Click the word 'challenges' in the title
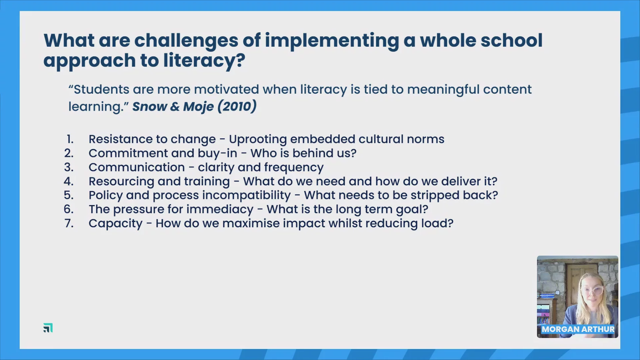pyautogui.click(x=186, y=41)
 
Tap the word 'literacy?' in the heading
pyautogui.click(x=204, y=61)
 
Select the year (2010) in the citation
pyautogui.click(x=237, y=106)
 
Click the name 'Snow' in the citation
pyautogui.click(x=150, y=107)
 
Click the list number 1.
pyautogui.click(x=70, y=139)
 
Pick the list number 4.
pyautogui.click(x=69, y=181)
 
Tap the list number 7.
pyautogui.click(x=69, y=223)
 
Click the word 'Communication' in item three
pyautogui.click(x=137, y=167)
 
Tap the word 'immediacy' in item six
pyautogui.click(x=220, y=210)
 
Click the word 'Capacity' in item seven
pyautogui.click(x=115, y=224)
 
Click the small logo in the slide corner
pyautogui.click(x=48, y=328)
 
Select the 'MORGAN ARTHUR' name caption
pyautogui.click(x=578, y=329)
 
